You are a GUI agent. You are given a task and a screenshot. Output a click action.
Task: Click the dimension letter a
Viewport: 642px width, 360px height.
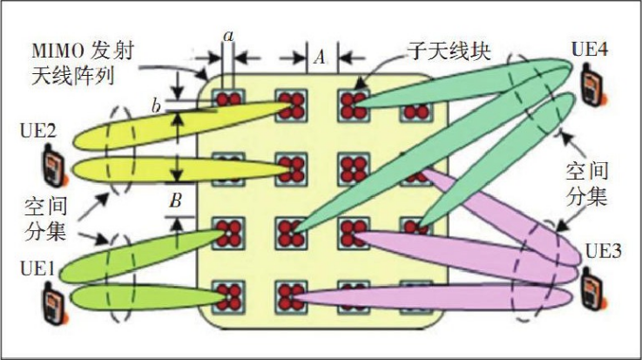coord(229,36)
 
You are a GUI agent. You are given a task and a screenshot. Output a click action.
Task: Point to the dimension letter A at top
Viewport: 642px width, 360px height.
coord(320,58)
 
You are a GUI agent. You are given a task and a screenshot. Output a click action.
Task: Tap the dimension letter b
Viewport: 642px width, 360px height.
coord(156,106)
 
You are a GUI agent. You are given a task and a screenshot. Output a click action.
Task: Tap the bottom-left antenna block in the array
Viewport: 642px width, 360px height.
coord(230,295)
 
